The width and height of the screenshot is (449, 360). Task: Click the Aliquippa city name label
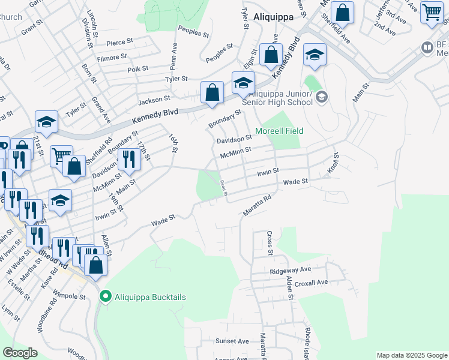click(x=273, y=17)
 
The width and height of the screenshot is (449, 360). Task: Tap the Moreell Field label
click(x=279, y=131)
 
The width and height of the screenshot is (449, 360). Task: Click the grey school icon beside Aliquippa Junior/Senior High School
click(x=322, y=97)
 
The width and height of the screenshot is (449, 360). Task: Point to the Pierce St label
click(x=119, y=43)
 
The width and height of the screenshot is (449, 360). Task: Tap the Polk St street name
click(x=137, y=69)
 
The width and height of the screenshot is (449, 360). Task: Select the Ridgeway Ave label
click(x=291, y=271)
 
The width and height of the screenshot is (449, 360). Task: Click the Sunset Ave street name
click(x=232, y=341)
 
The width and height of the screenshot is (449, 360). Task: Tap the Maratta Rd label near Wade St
click(x=258, y=205)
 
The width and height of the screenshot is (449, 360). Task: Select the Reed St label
click(x=223, y=188)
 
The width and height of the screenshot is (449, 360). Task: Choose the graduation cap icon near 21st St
click(x=46, y=122)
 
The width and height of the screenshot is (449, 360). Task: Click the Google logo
click(x=20, y=353)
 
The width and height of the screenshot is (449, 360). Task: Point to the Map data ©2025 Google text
click(x=412, y=355)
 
